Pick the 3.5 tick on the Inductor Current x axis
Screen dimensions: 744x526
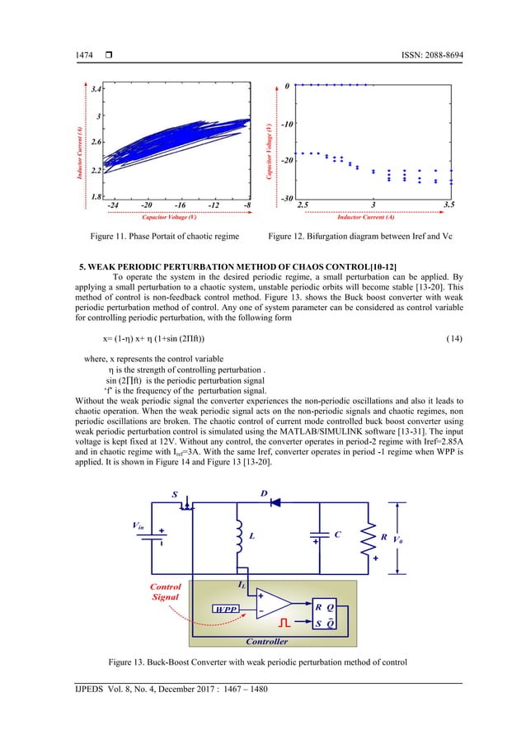450,205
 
